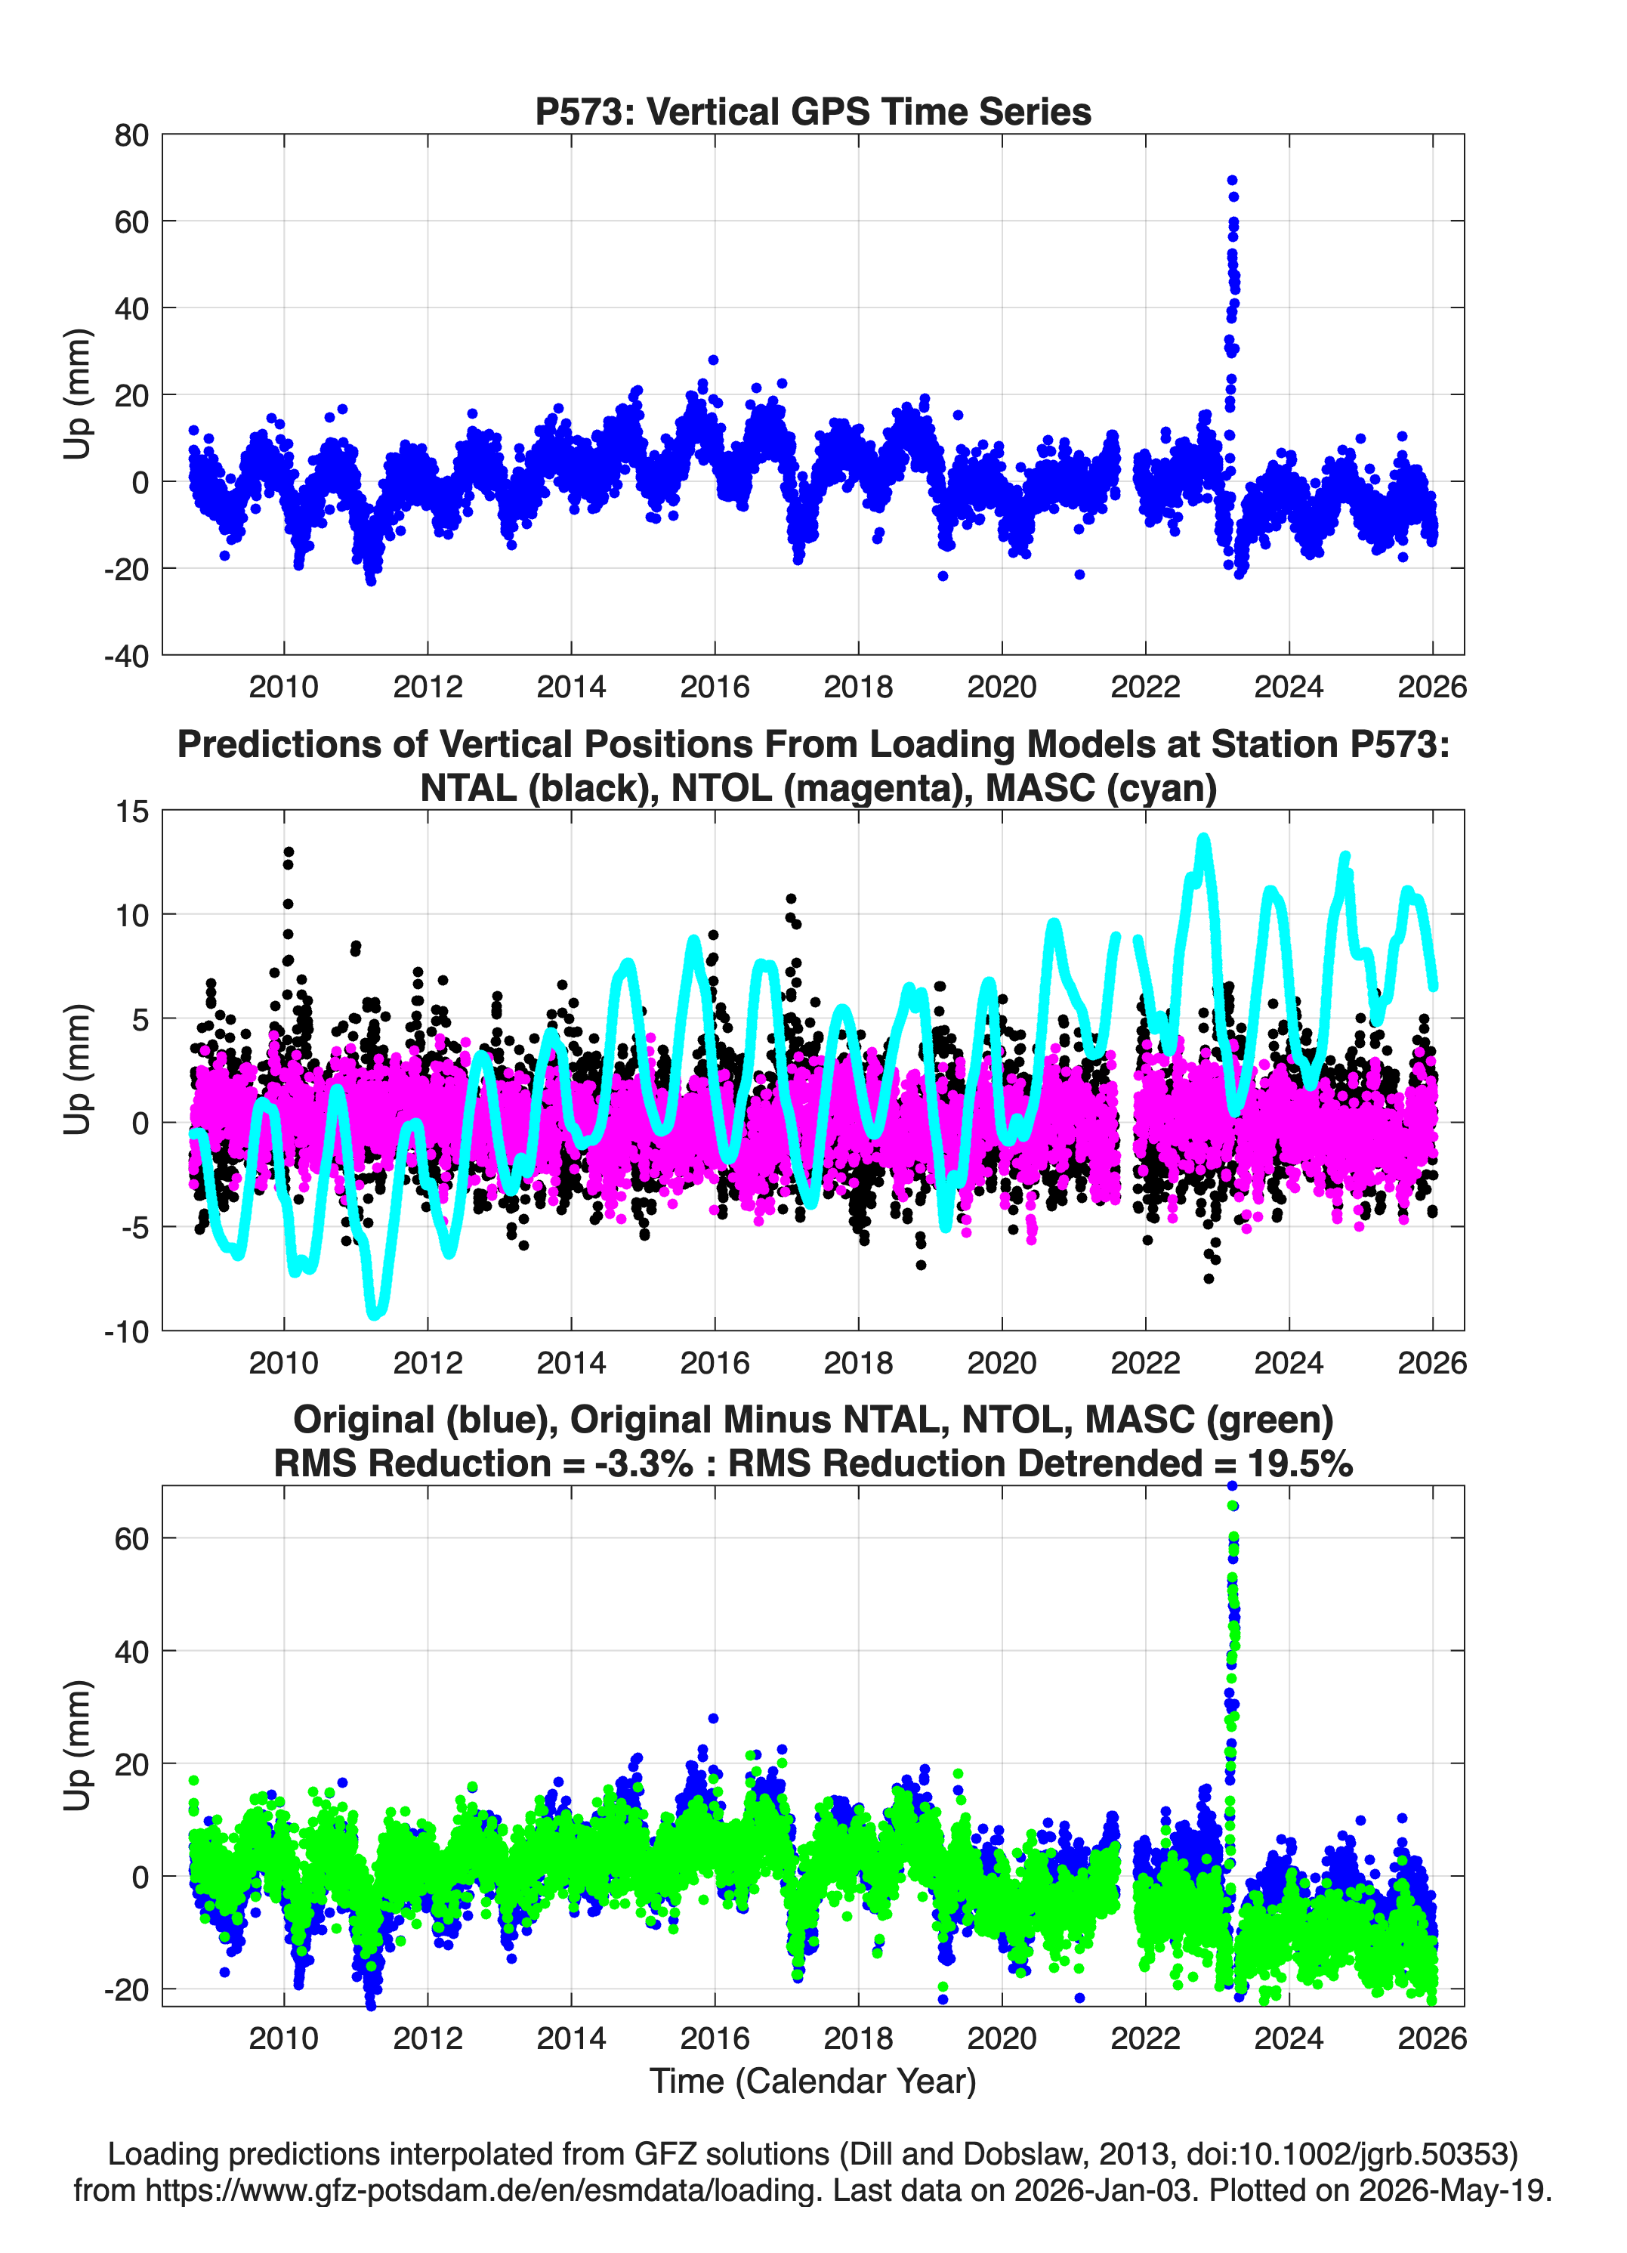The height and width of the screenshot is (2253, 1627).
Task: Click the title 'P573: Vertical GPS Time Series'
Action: tap(813, 111)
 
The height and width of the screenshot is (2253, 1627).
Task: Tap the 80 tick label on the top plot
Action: tap(131, 135)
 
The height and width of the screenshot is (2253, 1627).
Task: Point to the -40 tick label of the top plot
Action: tap(125, 656)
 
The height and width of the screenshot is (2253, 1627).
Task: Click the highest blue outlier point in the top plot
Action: tap(1232, 181)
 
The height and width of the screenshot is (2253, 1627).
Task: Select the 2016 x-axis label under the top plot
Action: tap(714, 687)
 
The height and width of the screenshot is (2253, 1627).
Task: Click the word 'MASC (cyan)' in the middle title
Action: tap(1101, 788)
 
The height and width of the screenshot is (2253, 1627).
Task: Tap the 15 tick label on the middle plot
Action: tap(132, 811)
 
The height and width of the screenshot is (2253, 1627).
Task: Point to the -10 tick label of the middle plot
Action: tap(125, 1332)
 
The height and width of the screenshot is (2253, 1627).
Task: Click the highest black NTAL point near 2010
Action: tap(288, 852)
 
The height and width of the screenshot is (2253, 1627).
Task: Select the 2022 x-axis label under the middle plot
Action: tap(1145, 1362)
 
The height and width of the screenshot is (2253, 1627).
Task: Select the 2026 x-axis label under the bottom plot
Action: tap(1431, 2038)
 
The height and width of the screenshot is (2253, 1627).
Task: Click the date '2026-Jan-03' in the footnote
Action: tap(1103, 2190)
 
